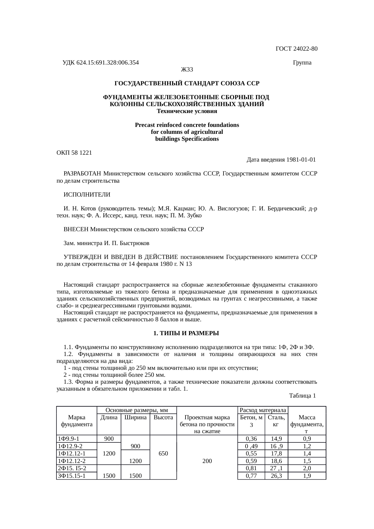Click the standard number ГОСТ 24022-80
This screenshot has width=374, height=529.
pyautogui.click(x=296, y=49)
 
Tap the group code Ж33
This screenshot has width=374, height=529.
pyautogui.click(x=187, y=70)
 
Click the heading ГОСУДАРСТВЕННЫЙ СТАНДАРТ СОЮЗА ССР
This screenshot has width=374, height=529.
pyautogui.click(x=187, y=83)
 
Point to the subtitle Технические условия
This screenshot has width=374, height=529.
pyautogui.click(x=187, y=111)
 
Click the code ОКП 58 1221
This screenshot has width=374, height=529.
pyautogui.click(x=74, y=153)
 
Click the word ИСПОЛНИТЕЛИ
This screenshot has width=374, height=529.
pyautogui.click(x=87, y=195)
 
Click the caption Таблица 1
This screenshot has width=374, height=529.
pyautogui.click(x=302, y=395)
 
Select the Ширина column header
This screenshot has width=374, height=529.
pyautogui.click(x=135, y=417)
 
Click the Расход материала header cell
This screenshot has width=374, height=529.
pyautogui.click(x=263, y=410)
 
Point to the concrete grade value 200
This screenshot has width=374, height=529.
pyautogui.click(x=207, y=461)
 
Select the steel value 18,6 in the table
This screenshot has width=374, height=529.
pyautogui.click(x=276, y=461)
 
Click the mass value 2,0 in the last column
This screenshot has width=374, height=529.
pyautogui.click(x=307, y=468)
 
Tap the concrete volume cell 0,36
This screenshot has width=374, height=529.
pyautogui.click(x=251, y=439)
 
